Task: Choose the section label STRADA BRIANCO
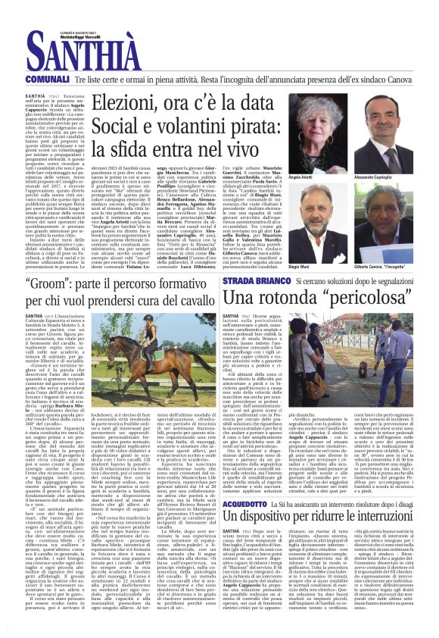pos(253,281)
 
